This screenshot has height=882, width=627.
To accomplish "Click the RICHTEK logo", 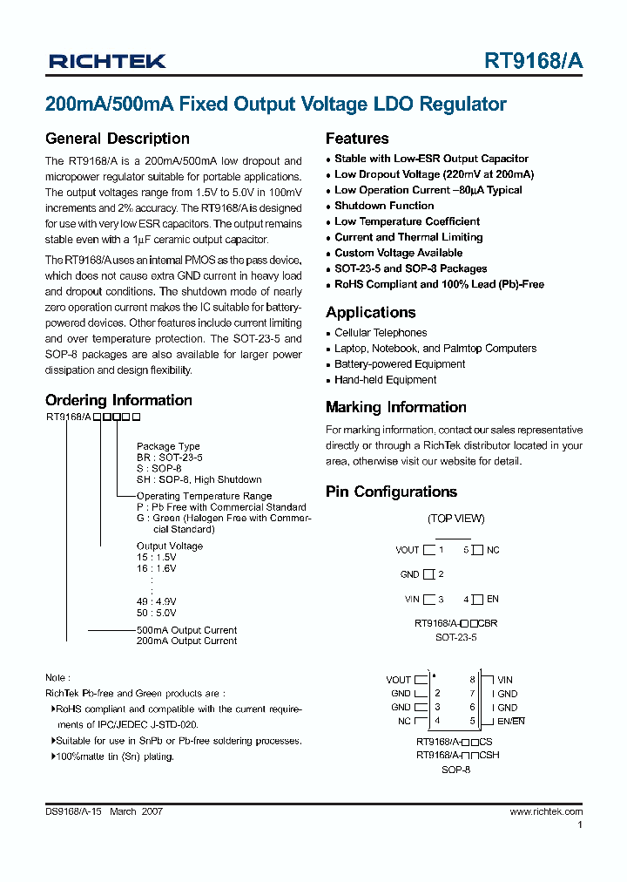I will point(107,61).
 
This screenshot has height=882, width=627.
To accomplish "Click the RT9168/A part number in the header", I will point(534,61).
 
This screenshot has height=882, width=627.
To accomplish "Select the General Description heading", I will point(117,139).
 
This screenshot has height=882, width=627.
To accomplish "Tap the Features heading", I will point(357,139).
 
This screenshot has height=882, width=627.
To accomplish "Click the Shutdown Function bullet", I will point(384,206).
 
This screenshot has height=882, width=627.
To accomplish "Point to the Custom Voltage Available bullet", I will point(398,253).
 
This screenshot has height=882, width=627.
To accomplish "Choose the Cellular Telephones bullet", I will point(381,333).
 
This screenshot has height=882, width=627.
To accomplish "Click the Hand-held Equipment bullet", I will point(385,380).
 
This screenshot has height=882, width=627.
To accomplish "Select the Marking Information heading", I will point(395,407).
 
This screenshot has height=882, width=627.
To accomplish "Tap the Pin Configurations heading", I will point(391,492).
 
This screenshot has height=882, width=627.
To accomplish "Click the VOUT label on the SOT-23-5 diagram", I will point(407,550).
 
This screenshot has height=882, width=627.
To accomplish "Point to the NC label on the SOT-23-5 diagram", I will point(493,550).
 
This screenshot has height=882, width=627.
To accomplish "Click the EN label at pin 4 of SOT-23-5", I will point(493,600).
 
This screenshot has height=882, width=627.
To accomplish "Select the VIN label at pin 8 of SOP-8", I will point(504,680).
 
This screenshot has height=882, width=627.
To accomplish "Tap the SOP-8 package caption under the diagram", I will point(455,770).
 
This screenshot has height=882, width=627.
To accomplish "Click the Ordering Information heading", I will point(118,401).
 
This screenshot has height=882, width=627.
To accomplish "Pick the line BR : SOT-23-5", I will point(169,458).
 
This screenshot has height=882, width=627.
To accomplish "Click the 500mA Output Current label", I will point(186,630).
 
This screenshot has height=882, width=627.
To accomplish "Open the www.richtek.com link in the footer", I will point(546,811).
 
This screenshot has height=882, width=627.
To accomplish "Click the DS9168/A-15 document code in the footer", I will point(74,811).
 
